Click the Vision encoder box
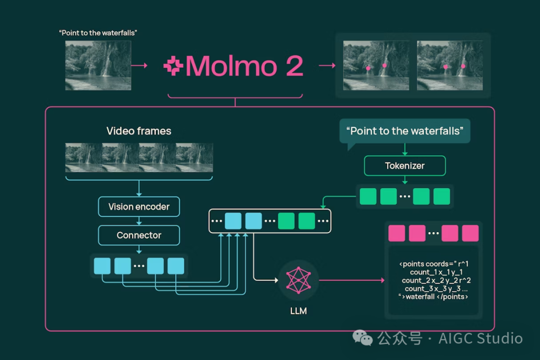click(x=138, y=206)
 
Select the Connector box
click(x=138, y=235)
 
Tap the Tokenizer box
click(x=404, y=165)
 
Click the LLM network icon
click(x=298, y=280)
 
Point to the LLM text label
click(x=298, y=310)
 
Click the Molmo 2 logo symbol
click(x=173, y=66)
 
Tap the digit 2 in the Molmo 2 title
click(x=294, y=66)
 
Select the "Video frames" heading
click(x=138, y=131)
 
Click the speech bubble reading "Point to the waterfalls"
click(x=404, y=131)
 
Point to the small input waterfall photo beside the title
click(x=98, y=65)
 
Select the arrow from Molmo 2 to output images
click(x=326, y=65)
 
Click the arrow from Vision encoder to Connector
click(x=138, y=221)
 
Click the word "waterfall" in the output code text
click(x=421, y=297)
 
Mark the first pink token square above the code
click(x=396, y=233)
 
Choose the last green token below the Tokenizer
click(x=441, y=196)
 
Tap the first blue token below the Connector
click(x=102, y=265)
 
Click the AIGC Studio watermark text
click(x=480, y=338)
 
